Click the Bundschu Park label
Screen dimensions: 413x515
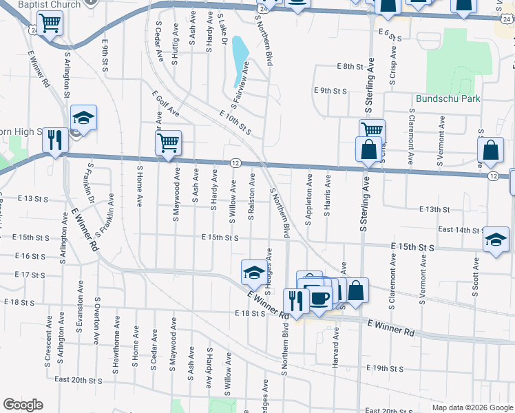448,98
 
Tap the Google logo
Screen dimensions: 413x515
23,405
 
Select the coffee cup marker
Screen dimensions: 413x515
319,297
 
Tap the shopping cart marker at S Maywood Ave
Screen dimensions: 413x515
168,144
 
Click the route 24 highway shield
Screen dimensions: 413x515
34,30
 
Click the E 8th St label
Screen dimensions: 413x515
350,66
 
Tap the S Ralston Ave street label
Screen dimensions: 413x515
252,196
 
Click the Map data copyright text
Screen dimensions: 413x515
472,407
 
